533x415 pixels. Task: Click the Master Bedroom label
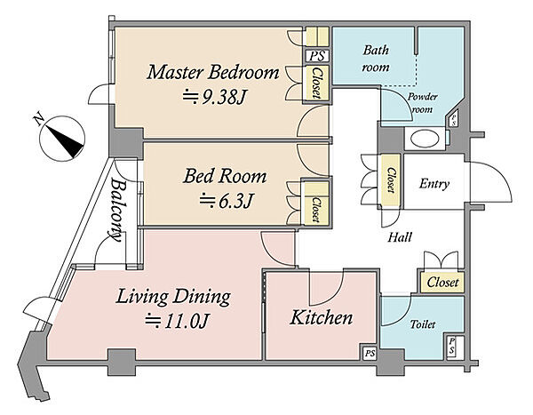(213, 73)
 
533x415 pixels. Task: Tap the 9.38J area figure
(213, 98)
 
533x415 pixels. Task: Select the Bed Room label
(225, 176)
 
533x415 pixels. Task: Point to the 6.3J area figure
(226, 201)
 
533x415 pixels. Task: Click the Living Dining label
(173, 297)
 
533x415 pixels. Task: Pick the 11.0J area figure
(177, 321)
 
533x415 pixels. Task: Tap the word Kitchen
(321, 317)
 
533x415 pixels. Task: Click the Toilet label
(423, 324)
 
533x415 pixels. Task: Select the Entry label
(434, 184)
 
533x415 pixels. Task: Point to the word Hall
(400, 237)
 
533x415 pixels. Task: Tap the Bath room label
(376, 59)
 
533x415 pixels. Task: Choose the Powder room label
(422, 103)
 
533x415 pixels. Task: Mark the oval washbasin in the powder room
(426, 139)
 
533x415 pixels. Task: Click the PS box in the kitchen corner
(370, 354)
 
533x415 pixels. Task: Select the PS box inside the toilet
(452, 347)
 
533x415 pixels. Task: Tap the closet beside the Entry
(391, 180)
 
